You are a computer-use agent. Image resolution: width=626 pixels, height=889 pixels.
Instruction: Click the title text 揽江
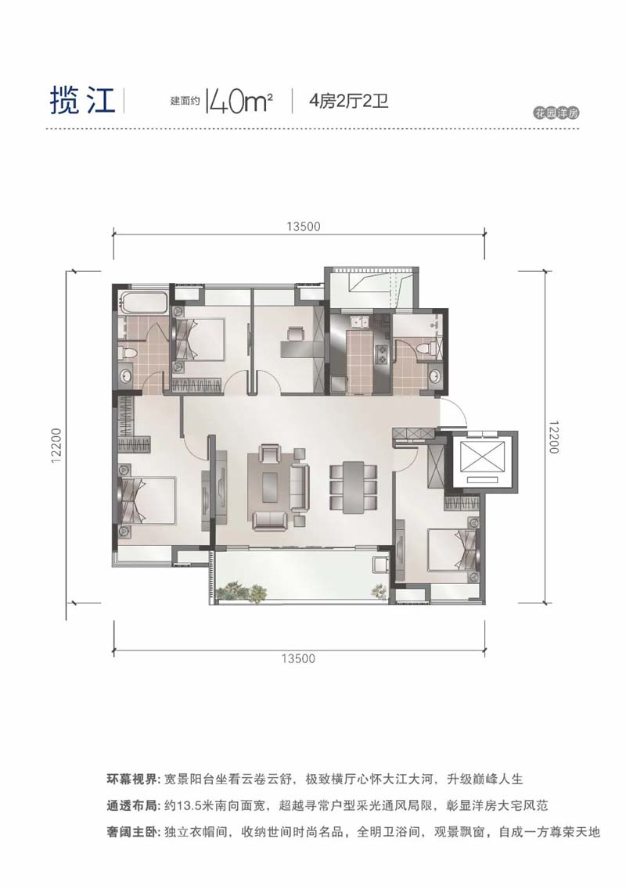pos(83,101)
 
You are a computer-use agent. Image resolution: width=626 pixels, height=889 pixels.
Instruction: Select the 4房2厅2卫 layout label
pos(348,102)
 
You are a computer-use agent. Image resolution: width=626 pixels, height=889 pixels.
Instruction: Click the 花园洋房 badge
pos(556,113)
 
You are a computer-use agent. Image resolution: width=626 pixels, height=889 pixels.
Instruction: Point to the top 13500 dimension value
pos(303,227)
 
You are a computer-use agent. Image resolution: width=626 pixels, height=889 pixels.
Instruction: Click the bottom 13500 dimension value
pos(298,658)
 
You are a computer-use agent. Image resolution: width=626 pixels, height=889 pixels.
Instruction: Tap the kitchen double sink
pos(359,323)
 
